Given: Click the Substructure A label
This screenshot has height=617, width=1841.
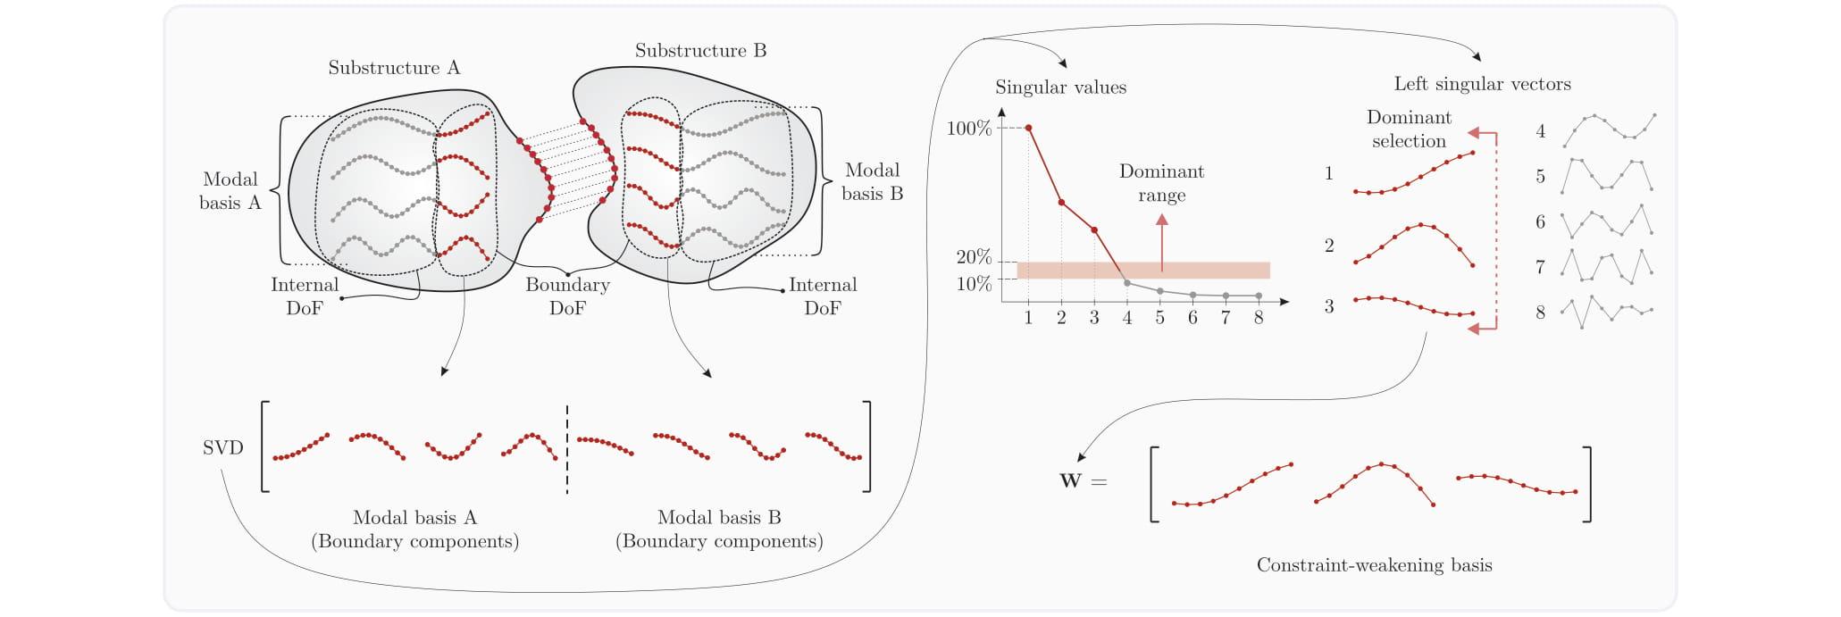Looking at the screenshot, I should click(394, 68).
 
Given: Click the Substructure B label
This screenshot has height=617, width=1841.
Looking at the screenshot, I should click(700, 51).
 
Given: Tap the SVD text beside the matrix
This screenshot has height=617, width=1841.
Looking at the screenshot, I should click(222, 448).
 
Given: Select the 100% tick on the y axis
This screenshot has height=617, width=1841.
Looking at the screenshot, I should click(969, 129).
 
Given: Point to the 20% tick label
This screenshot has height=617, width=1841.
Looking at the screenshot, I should click(974, 257).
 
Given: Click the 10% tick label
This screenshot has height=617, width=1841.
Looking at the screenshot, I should click(974, 284).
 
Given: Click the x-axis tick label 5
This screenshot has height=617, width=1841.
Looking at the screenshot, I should click(1159, 318).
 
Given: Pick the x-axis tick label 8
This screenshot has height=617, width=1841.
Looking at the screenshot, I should click(1259, 318).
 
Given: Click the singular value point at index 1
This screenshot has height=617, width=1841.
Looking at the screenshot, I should click(1028, 128).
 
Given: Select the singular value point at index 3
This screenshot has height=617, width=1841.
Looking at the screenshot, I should click(1094, 230).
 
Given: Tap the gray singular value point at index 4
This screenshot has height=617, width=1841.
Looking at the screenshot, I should click(1127, 283).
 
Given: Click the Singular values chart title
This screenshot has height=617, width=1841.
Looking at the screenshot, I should click(1060, 88).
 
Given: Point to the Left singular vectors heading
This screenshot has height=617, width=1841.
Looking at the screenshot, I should click(1482, 84).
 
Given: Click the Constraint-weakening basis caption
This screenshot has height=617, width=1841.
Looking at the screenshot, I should click(1374, 565).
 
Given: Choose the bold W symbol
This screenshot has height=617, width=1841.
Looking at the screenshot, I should click(1070, 481).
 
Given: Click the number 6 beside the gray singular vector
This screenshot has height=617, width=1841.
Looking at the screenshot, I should click(1540, 222).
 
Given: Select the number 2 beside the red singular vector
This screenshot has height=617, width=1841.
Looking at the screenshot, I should click(1329, 246).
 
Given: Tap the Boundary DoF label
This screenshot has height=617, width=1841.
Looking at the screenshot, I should click(567, 296).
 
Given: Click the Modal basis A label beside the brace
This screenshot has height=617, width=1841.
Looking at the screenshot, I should click(230, 191).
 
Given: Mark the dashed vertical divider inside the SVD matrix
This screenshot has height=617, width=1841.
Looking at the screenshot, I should click(566, 448).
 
